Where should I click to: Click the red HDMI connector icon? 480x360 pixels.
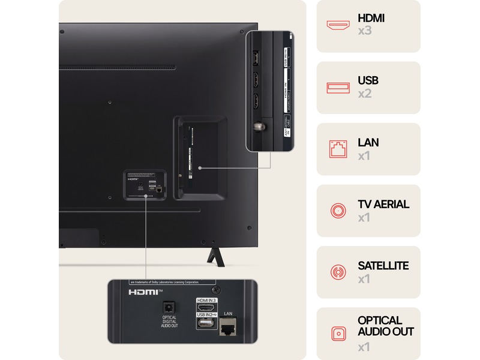click(338, 25)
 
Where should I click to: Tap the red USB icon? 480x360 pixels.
click(338, 88)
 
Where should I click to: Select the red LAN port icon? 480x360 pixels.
click(338, 149)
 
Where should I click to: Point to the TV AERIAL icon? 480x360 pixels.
click(338, 210)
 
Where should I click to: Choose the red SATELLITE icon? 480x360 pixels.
click(338, 272)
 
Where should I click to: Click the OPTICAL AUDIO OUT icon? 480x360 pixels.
click(338, 334)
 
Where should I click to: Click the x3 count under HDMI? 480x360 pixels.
click(365, 31)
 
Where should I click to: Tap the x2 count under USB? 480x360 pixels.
click(365, 94)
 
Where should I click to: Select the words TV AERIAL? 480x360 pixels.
click(383, 204)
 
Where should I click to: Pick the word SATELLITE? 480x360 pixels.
click(383, 266)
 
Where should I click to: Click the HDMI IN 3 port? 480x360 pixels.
click(205, 308)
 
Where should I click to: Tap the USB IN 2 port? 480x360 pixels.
click(205, 325)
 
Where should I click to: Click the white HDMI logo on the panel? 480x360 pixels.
click(142, 292)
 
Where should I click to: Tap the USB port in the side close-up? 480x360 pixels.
click(254, 58)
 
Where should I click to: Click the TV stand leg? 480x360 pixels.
click(214, 255)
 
